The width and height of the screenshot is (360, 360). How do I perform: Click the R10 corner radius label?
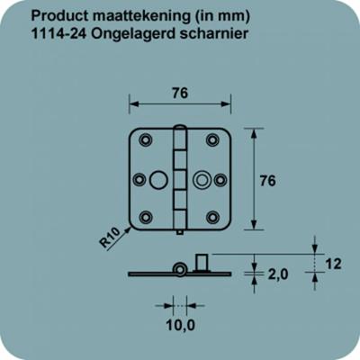tap(110, 238)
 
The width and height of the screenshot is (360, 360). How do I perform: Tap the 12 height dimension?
tap(333, 264)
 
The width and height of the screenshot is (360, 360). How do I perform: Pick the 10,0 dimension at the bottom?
tap(181, 325)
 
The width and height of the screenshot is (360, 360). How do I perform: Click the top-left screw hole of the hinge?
tap(146, 139)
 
